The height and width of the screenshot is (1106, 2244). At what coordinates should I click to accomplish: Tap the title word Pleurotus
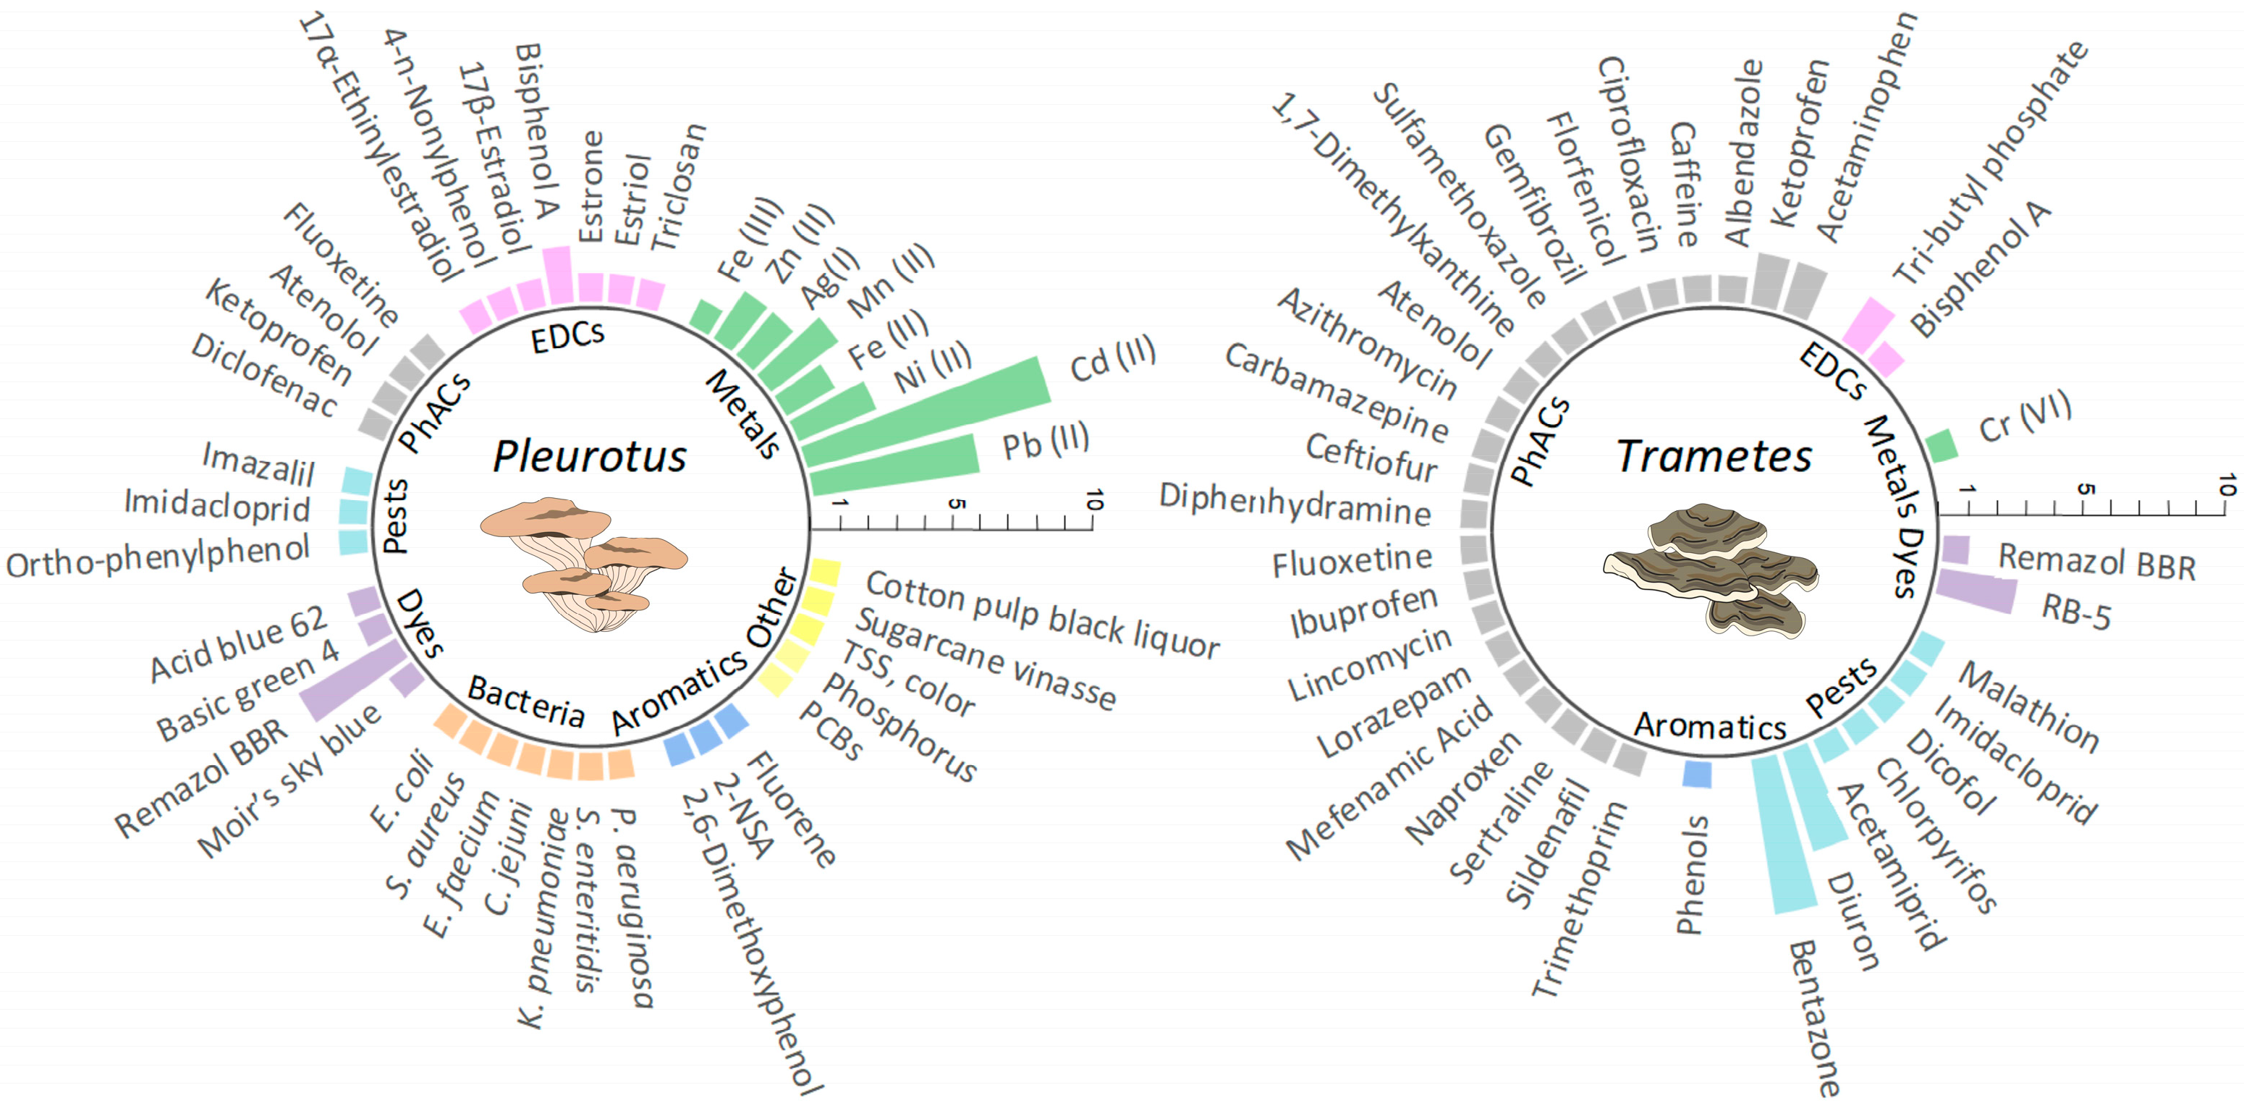click(x=590, y=457)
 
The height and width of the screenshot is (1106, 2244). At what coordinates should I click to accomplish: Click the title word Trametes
click(x=1714, y=457)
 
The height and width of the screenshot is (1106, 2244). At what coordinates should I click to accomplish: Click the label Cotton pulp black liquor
click(x=1042, y=615)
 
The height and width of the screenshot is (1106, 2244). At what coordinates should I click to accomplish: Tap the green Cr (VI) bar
click(x=1942, y=446)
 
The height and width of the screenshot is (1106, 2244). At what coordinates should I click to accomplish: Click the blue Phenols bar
click(x=1697, y=774)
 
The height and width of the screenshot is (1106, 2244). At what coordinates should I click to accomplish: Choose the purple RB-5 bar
click(x=1978, y=590)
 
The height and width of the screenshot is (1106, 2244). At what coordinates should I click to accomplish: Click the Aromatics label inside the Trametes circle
click(x=1709, y=725)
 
